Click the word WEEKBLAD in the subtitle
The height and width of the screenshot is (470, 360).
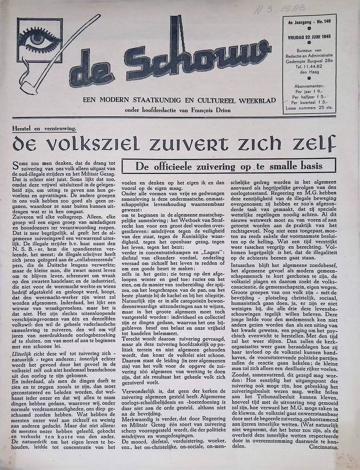(248, 100)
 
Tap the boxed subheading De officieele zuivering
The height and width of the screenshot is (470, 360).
(229, 166)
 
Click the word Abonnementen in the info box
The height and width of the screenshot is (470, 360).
(309, 86)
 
